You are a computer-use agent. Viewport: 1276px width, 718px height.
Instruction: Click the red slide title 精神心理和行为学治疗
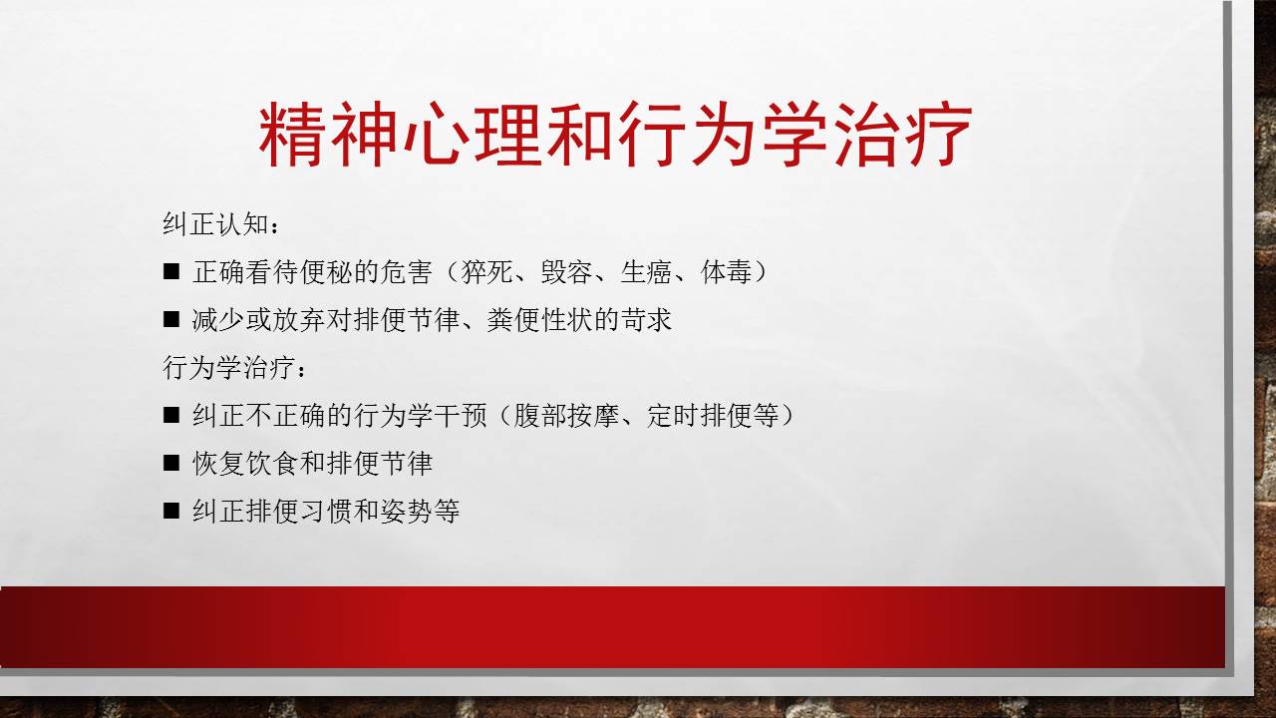(615, 135)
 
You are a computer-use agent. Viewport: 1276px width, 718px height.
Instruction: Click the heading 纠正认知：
(221, 224)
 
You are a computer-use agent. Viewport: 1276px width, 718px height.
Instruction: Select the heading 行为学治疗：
(235, 368)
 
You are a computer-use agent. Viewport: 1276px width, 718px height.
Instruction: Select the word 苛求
(646, 320)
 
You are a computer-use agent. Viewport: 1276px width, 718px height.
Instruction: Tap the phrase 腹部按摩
(566, 416)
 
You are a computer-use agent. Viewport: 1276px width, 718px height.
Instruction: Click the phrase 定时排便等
(713, 416)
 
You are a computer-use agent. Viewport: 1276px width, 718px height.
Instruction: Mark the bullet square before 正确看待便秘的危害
(170, 271)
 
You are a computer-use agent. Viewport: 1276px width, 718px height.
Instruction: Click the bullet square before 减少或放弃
(170, 319)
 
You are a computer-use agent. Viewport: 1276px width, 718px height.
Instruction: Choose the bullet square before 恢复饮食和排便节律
(170, 463)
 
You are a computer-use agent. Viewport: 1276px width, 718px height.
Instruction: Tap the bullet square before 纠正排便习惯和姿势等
(170, 511)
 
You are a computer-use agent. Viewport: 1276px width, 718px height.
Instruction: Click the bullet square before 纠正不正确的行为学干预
(170, 415)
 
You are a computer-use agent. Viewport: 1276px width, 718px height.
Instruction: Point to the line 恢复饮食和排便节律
(312, 464)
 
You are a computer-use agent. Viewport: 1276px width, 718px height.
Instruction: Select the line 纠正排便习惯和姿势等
(326, 512)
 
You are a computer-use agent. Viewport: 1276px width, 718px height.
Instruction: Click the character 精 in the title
(292, 135)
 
